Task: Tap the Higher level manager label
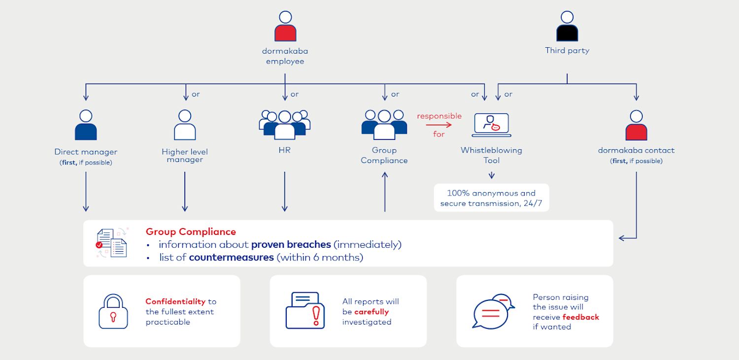(x=185, y=156)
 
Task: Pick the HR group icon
(x=284, y=125)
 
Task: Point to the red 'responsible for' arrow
(x=438, y=125)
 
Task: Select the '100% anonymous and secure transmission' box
(x=491, y=198)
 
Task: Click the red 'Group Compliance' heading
(x=191, y=231)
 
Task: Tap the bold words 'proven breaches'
(x=291, y=245)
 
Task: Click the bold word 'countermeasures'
(x=231, y=258)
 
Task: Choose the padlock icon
(x=113, y=311)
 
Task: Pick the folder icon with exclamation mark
(x=305, y=310)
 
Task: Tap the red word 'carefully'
(x=371, y=312)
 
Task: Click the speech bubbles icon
(x=493, y=311)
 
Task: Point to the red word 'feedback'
(x=581, y=317)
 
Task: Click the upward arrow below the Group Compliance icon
(x=384, y=192)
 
